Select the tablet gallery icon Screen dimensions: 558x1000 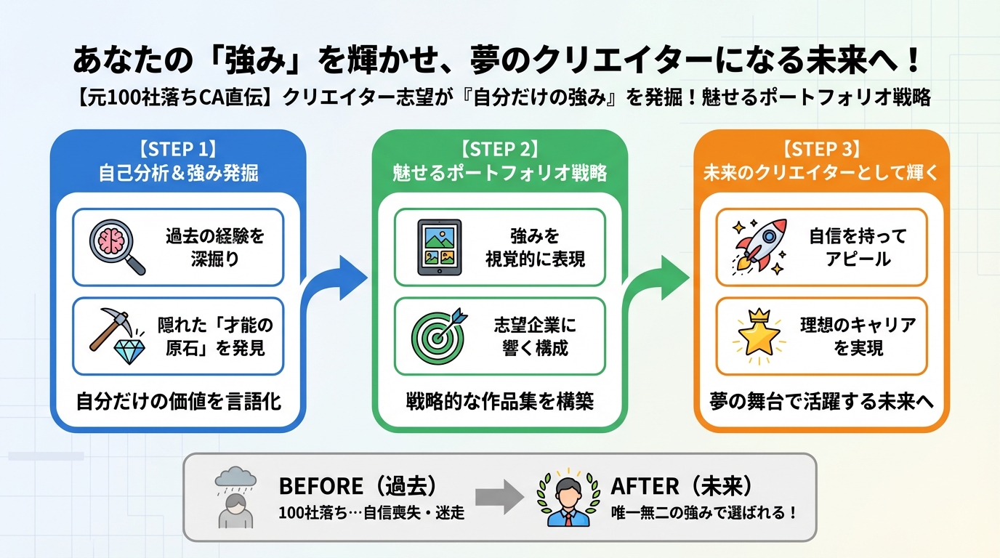coord(439,247)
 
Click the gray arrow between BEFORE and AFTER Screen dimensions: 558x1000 coord(499,498)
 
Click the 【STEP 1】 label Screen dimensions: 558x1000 coord(178,149)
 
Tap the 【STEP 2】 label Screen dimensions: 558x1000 coord(499,149)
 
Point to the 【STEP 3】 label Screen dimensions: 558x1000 coord(821,149)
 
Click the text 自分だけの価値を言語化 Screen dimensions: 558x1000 coord(178,402)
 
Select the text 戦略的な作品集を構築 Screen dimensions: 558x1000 coord(499,402)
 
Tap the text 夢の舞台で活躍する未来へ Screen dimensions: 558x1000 coord(821,402)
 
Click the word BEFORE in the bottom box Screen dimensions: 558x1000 coord(320,486)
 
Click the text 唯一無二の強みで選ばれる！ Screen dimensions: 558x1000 coord(703,512)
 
